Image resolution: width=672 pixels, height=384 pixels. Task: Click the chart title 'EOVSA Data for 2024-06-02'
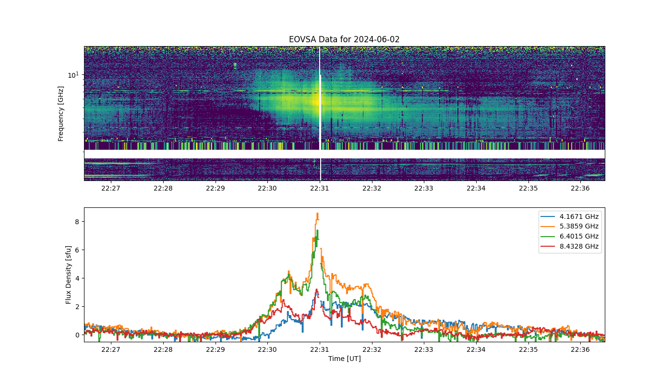click(344, 39)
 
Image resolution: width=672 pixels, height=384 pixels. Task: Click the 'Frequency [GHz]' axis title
click(60, 114)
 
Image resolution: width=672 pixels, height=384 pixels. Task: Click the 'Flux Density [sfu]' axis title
click(68, 275)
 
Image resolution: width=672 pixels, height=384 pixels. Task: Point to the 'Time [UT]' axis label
click(345, 359)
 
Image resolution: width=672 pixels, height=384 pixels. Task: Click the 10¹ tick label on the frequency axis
click(73, 75)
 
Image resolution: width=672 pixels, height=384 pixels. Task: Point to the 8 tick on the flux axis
click(77, 222)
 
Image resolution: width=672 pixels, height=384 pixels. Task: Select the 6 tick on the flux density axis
click(77, 250)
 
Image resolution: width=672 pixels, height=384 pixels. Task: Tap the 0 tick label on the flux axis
click(77, 335)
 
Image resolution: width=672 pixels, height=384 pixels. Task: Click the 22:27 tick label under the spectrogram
click(111, 188)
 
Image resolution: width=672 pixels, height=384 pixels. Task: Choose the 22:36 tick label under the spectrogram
click(580, 188)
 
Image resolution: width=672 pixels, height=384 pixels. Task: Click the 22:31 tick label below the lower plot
click(320, 349)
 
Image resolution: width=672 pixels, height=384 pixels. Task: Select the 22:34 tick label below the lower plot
click(476, 349)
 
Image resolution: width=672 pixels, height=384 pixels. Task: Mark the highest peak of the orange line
click(317, 213)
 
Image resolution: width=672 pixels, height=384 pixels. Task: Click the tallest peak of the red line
click(316, 289)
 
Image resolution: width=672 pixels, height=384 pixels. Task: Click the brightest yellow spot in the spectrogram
click(316, 101)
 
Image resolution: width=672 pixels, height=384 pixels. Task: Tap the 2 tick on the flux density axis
click(77, 307)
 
